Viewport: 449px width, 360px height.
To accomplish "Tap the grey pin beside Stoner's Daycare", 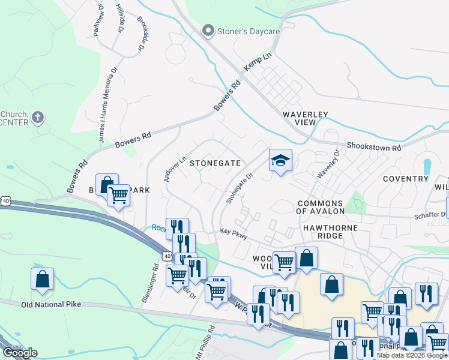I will [x=209, y=30].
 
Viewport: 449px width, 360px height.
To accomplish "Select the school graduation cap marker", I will [x=280, y=160].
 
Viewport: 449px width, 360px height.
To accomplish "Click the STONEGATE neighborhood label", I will [x=215, y=163].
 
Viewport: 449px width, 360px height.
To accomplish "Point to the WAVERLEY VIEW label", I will [x=298, y=118].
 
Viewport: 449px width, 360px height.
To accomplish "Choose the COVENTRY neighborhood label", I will [x=405, y=179].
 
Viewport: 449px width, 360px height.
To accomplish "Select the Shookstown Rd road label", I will [x=373, y=146].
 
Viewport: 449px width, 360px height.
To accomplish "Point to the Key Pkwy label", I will [x=234, y=234].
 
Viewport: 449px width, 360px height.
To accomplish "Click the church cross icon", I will [x=37, y=116].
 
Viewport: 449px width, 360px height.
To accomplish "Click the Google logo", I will [x=19, y=353].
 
